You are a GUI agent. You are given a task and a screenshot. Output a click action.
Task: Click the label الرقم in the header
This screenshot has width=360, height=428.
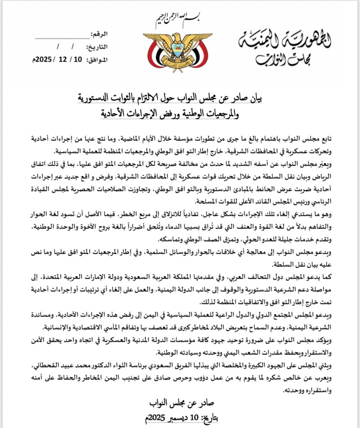coord(99,35)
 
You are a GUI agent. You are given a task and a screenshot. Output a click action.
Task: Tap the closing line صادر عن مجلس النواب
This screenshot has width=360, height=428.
coord(182,403)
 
